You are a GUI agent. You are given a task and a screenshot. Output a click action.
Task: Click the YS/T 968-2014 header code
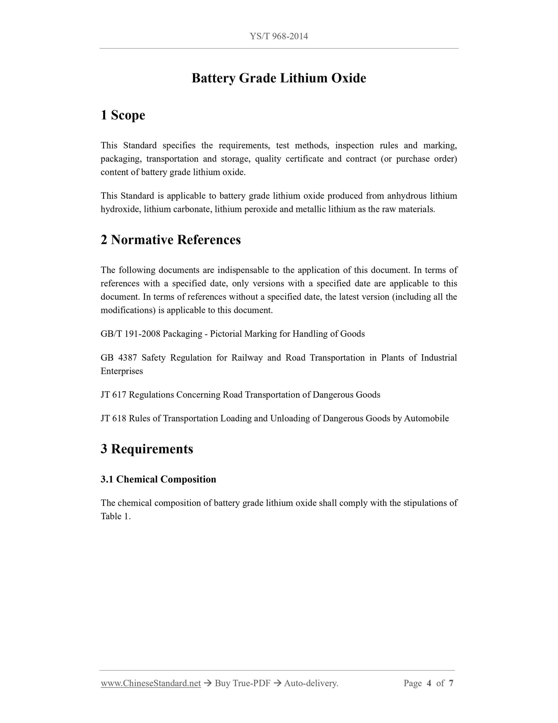click(x=279, y=36)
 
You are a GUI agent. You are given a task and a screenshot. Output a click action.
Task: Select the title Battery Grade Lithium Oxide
click(x=279, y=78)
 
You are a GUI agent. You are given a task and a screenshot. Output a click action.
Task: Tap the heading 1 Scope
click(x=123, y=115)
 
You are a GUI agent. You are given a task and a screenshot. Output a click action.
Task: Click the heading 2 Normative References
click(x=171, y=240)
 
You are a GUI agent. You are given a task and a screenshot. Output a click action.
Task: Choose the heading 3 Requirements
click(x=147, y=449)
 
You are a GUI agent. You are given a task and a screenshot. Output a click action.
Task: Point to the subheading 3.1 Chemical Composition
click(x=158, y=479)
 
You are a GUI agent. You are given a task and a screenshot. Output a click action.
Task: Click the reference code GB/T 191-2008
click(x=131, y=334)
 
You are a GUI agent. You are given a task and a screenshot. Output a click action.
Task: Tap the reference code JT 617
click(x=114, y=395)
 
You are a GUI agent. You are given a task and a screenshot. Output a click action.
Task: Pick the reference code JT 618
click(x=114, y=418)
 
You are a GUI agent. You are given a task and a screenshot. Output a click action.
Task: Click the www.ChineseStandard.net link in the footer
click(x=151, y=683)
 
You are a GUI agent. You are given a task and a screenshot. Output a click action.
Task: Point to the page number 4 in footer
click(x=429, y=683)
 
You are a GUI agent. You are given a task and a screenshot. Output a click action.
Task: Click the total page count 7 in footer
click(x=451, y=683)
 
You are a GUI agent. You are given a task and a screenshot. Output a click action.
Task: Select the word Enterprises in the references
click(x=122, y=371)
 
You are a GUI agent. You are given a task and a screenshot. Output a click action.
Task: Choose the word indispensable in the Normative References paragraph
click(x=247, y=270)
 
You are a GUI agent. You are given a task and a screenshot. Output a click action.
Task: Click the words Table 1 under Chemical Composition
click(x=115, y=517)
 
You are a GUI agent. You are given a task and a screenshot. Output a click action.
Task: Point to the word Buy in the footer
click(x=222, y=683)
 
